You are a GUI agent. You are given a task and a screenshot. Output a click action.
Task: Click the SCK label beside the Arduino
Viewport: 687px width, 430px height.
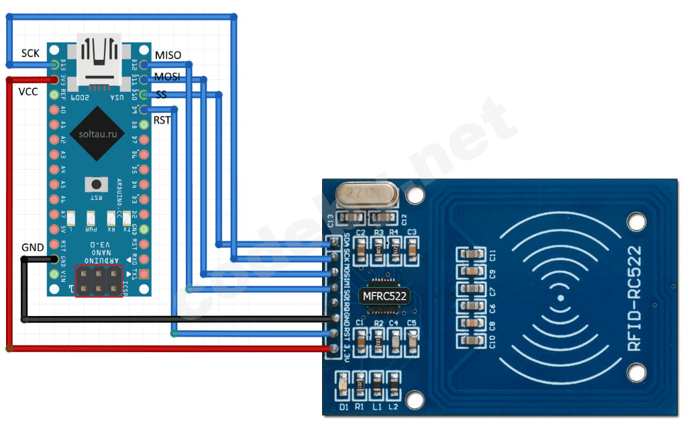30,53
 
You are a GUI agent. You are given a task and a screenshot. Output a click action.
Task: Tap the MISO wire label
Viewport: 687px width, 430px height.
168,54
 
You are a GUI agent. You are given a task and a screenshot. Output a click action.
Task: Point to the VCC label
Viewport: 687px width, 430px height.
28,91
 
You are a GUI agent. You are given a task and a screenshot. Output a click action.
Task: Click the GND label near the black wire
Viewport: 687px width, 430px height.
32,247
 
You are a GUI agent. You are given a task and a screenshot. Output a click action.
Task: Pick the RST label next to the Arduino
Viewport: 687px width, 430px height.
162,120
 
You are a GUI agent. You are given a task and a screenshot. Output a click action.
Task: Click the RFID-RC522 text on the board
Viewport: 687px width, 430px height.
634,298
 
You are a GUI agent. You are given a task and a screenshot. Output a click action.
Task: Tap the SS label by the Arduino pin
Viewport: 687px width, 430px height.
161,95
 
